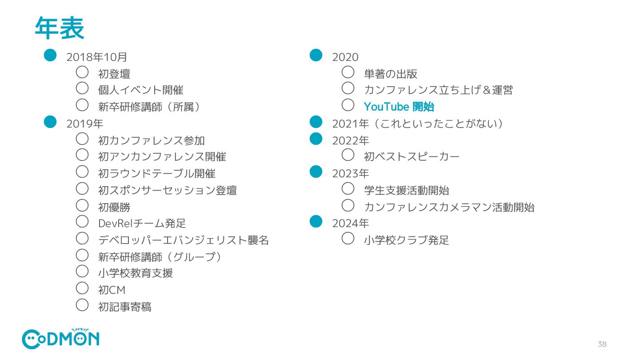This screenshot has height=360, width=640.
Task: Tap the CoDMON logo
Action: pos(60,339)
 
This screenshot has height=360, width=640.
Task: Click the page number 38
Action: pos(602,344)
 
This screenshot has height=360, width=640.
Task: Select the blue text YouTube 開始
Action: pos(399,107)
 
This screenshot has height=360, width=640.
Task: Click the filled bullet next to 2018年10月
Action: pos(50,55)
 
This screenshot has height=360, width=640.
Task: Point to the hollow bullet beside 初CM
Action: pos(82,288)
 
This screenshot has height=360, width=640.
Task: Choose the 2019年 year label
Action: pos(85,124)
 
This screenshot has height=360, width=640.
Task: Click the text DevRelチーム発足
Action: pos(142,224)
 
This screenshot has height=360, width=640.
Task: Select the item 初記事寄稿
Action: pos(125,307)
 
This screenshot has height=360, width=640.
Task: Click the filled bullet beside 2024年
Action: pos(316,221)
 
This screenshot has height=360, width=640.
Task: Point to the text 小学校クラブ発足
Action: pos(406,240)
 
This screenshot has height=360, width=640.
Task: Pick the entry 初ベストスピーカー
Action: pos(412,157)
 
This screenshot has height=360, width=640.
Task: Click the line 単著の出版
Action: pos(390,74)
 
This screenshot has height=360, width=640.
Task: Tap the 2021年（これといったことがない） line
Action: pos(418,124)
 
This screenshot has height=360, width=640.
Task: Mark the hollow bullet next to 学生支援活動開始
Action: pos(348,188)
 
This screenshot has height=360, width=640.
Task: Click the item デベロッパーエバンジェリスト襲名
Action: pos(184,240)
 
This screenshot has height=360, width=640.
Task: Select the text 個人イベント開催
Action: pos(141,90)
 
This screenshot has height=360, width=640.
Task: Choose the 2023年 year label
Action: pos(351,173)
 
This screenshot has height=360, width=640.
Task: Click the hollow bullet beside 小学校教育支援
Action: pos(82,271)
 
